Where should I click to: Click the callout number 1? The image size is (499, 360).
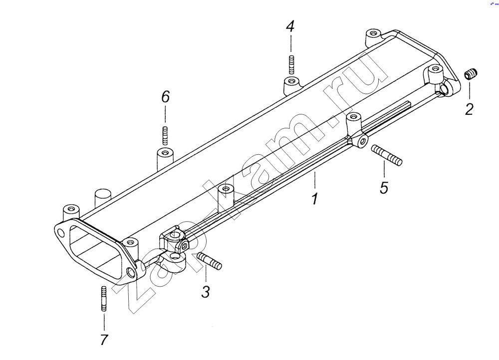(x=314, y=198)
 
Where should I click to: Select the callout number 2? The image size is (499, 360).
(x=469, y=109)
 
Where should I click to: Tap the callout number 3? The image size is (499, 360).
(x=206, y=292)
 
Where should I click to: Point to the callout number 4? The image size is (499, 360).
(x=290, y=26)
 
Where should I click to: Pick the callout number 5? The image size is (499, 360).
(x=384, y=187)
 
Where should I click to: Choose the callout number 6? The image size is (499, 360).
(x=165, y=96)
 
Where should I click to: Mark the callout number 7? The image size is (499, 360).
(x=104, y=340)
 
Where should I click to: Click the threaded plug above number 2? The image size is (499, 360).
(x=471, y=74)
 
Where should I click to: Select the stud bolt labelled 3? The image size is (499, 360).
(x=210, y=261)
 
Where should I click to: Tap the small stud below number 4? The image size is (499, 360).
(x=290, y=64)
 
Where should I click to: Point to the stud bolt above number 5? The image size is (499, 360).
(x=386, y=154)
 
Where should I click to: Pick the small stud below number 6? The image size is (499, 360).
(x=165, y=134)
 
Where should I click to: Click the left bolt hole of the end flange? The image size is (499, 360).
(x=61, y=233)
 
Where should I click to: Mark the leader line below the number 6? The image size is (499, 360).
(x=165, y=115)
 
